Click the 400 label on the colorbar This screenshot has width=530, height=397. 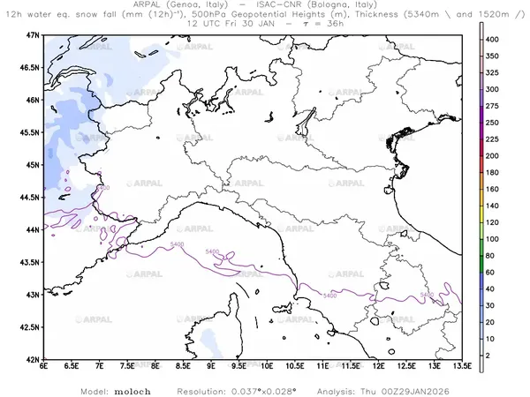496,38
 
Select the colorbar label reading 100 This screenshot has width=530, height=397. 496,239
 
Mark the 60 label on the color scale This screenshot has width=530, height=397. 495,273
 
